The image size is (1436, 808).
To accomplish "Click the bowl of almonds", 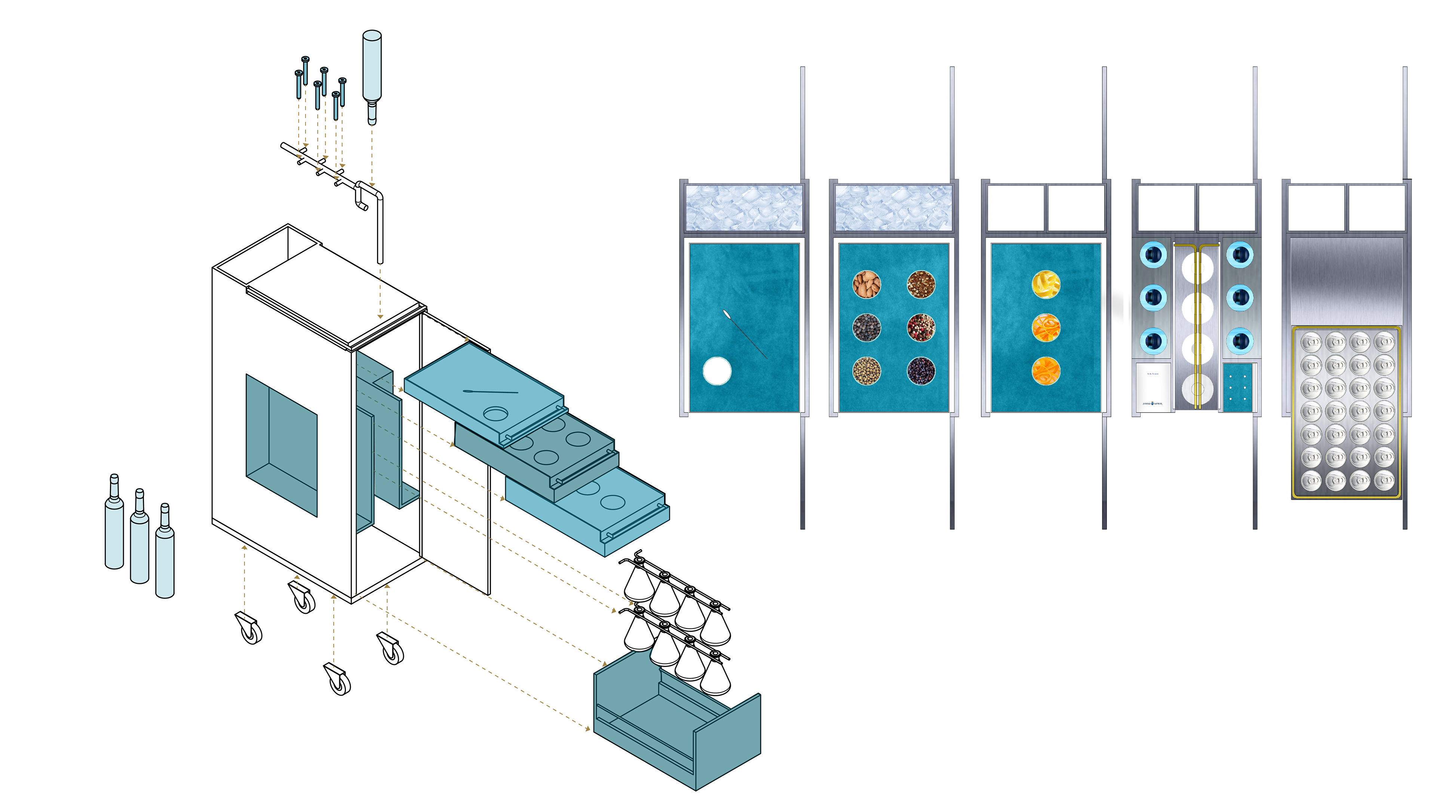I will (x=866, y=284).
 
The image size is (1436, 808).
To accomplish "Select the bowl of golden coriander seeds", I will (x=866, y=371).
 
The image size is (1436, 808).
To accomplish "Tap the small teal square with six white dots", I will (x=1237, y=388).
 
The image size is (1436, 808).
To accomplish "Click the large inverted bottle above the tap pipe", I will (x=372, y=73).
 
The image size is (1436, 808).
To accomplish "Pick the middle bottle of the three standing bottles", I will (x=139, y=538).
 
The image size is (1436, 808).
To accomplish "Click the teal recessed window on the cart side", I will (x=282, y=443).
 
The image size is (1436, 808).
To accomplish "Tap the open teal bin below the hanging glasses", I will (x=677, y=725).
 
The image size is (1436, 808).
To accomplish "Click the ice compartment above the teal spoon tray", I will (x=744, y=208).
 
